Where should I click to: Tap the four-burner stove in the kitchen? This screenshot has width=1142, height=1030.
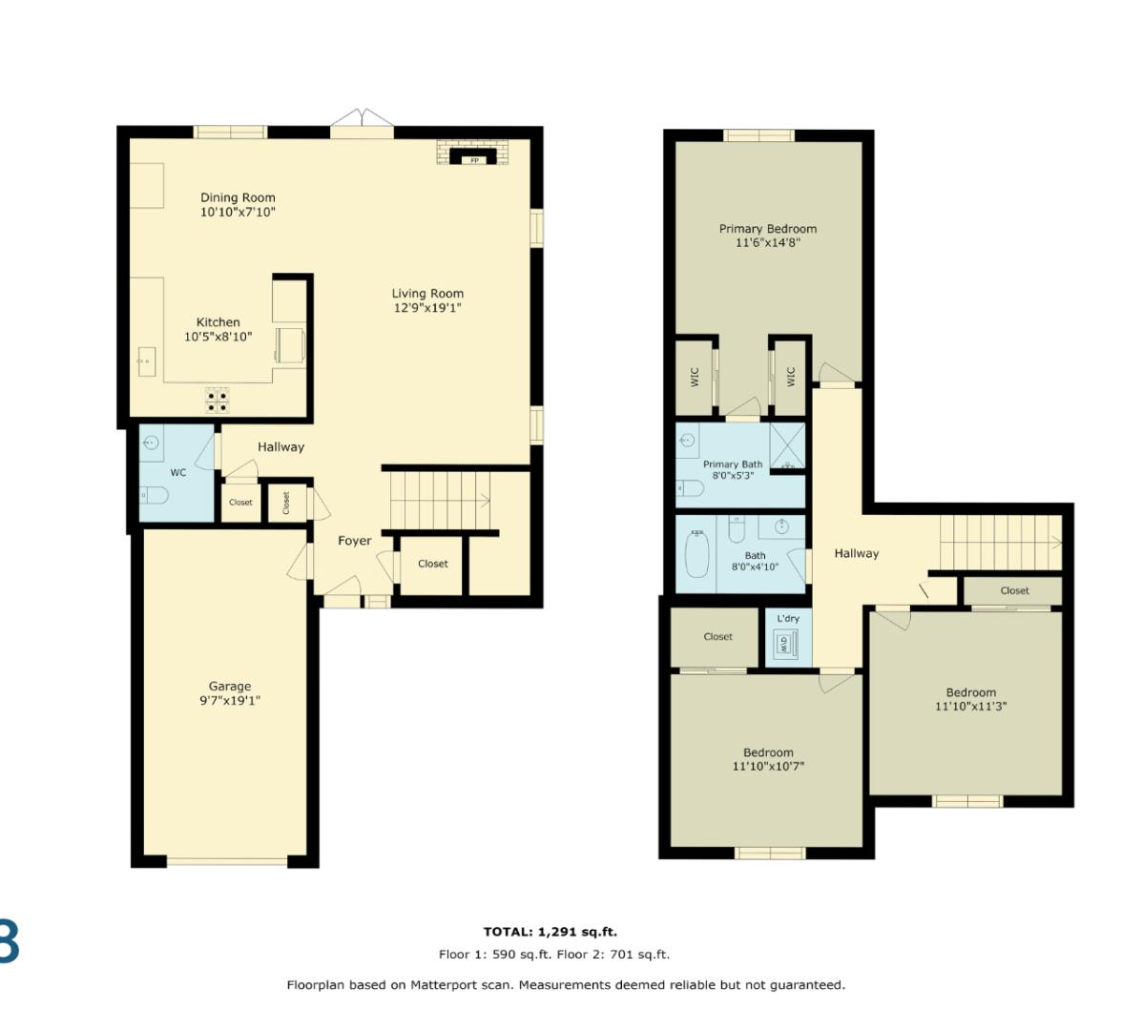click(x=217, y=401)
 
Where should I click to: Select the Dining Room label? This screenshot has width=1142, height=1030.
click(x=238, y=198)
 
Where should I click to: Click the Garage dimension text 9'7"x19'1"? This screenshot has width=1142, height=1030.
click(x=230, y=700)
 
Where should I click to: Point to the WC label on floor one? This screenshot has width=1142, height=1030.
click(x=178, y=472)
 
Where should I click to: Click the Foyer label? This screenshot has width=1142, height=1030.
click(x=354, y=541)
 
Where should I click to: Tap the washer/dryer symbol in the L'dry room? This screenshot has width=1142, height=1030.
click(x=784, y=645)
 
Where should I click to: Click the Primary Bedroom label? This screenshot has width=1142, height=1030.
click(x=767, y=229)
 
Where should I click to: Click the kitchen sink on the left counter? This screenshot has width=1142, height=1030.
click(x=146, y=362)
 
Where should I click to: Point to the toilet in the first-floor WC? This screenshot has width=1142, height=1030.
click(x=155, y=496)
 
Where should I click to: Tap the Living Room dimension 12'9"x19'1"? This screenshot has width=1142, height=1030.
click(x=427, y=308)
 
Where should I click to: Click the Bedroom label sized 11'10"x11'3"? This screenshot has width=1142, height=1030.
click(x=970, y=692)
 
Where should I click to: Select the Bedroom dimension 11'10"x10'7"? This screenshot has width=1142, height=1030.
click(x=768, y=766)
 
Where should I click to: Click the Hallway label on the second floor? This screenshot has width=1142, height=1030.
click(x=856, y=553)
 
